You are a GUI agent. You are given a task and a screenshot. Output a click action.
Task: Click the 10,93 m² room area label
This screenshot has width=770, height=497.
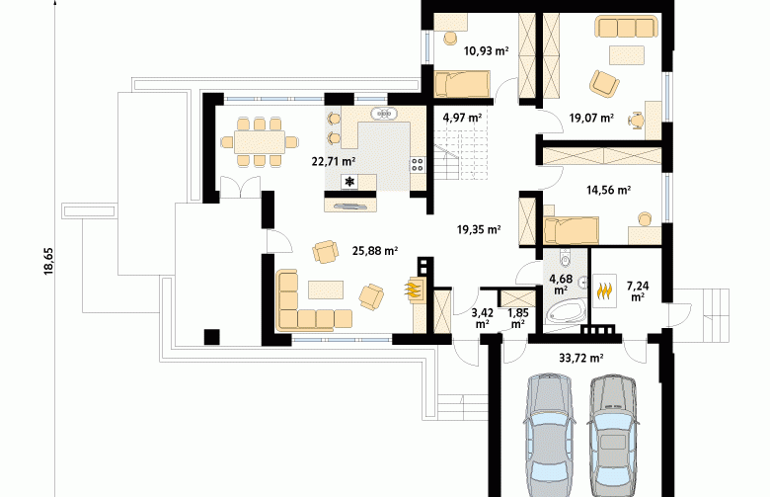click(x=486, y=50)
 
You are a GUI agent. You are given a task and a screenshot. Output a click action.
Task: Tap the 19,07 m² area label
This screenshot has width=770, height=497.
click(x=591, y=118)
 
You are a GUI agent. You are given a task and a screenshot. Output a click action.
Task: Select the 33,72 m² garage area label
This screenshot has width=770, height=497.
click(x=580, y=358)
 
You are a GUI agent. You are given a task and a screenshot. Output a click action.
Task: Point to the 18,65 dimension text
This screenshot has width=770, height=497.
click(x=48, y=261)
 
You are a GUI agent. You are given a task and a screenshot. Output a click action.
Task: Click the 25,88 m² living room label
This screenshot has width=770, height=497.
click(x=375, y=251)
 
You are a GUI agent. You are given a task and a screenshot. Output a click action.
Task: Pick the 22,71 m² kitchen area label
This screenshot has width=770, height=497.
click(x=334, y=161)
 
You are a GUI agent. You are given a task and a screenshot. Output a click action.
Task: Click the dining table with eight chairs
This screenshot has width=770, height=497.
click(x=259, y=142)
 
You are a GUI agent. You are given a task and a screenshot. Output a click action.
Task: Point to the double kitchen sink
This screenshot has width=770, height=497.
click(x=384, y=114)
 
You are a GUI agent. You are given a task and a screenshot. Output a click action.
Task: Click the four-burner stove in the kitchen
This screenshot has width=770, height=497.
click(x=418, y=164)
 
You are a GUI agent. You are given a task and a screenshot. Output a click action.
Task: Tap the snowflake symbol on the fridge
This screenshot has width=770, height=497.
click(x=349, y=182)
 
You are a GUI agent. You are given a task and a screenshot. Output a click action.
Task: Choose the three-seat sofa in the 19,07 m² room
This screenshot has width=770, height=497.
click(x=626, y=27)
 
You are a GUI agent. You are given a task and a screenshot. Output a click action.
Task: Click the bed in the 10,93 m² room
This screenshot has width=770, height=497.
click(x=462, y=83)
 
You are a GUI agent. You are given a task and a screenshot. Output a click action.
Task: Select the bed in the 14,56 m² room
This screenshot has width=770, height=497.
click(x=572, y=230)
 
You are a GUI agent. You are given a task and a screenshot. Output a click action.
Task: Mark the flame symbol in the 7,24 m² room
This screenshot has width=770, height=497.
click(x=604, y=290)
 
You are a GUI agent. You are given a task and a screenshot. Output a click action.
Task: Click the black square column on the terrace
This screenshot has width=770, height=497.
click(x=212, y=337)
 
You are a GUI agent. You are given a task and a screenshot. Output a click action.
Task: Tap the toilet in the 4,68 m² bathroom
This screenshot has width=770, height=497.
click(x=566, y=259)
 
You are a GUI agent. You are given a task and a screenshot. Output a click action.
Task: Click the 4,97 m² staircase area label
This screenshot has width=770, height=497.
click(x=462, y=118)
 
